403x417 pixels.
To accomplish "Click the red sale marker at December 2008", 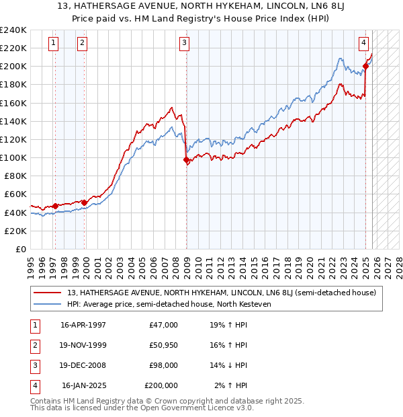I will [x=186, y=159].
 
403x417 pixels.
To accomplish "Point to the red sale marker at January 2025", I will [x=366, y=66].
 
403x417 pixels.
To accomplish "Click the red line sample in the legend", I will [x=47, y=293].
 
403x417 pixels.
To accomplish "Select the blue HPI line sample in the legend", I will [x=47, y=304].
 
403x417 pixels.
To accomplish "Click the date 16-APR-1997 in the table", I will [x=83, y=325].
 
